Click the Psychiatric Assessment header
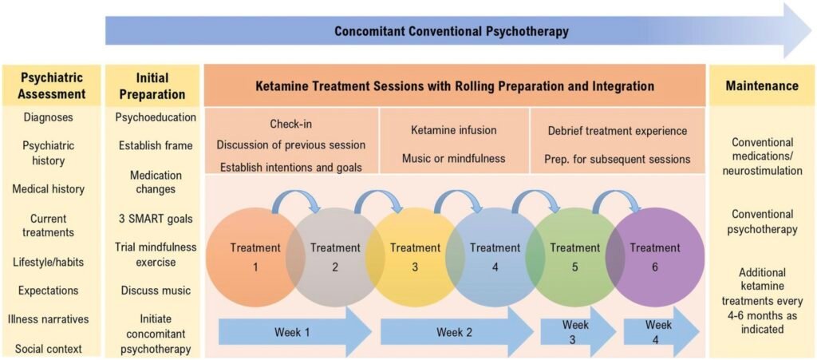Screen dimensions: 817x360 point(53,85)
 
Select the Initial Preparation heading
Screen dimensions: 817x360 point(153,86)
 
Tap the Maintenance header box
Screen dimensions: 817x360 point(761,85)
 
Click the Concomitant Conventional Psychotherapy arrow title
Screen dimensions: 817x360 point(452,31)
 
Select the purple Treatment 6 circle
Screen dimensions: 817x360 point(655,256)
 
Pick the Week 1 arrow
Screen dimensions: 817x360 point(295,332)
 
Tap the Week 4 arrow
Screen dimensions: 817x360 point(661,332)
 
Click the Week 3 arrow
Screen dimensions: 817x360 point(578,332)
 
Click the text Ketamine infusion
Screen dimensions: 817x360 point(454,130)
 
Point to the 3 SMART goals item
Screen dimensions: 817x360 point(156,218)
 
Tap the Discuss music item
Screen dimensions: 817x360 point(156,290)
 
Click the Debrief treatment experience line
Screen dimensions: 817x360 point(618,131)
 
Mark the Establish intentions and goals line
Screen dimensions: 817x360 point(291,168)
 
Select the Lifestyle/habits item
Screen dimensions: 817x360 point(49,262)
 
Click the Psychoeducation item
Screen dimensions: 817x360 point(156,117)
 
